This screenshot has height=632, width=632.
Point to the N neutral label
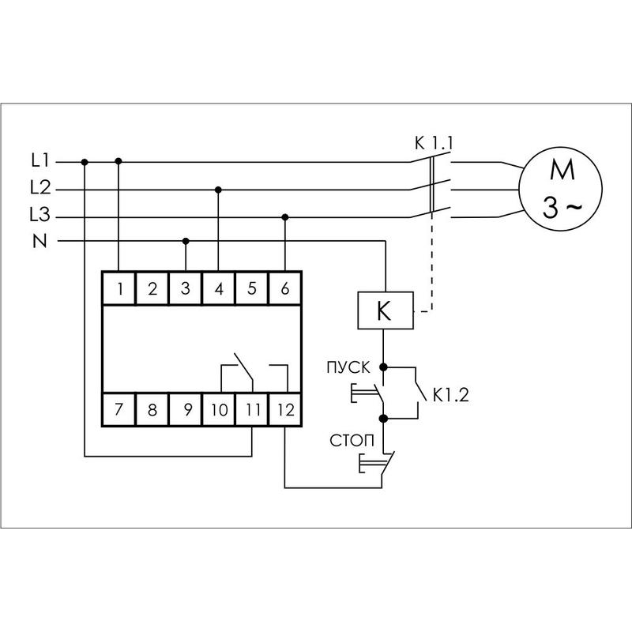click(39, 242)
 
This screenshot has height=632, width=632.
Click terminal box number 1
click(118, 288)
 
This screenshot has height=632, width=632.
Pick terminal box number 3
click(185, 288)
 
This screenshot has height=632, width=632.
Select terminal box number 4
click(218, 288)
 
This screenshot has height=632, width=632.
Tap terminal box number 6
click(284, 288)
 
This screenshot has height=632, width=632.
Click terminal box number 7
click(118, 410)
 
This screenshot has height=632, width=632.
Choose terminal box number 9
click(185, 410)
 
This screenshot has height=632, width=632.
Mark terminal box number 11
click(251, 410)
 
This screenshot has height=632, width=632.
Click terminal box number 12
click(284, 410)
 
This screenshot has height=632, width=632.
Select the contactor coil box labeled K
click(384, 311)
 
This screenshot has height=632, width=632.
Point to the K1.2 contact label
click(450, 396)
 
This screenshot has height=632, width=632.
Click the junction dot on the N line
click(186, 240)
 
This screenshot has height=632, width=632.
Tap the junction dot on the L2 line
click(218, 189)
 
